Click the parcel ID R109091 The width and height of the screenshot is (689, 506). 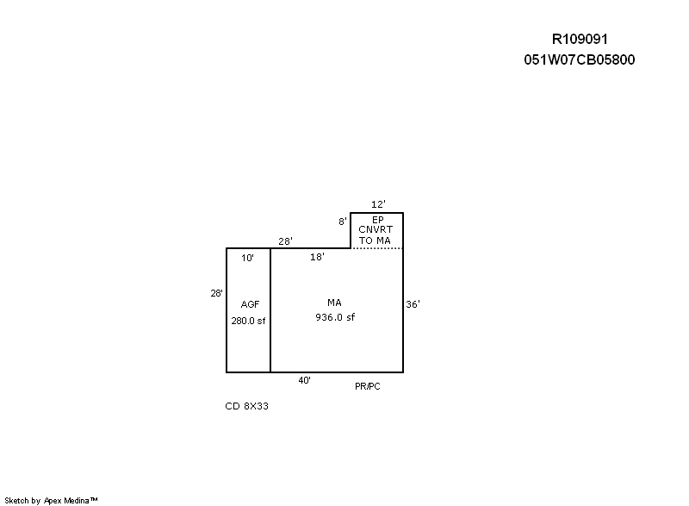coord(580,39)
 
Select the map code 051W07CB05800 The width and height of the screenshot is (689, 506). coord(579,59)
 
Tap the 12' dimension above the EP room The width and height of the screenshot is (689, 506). coord(378,204)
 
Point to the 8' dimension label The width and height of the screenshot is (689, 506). coord(342,222)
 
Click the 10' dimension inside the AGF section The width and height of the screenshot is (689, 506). coord(247,258)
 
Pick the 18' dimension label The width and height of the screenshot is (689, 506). coord(317,257)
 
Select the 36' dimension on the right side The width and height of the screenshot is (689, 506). coord(413,304)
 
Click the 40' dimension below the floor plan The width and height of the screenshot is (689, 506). coord(305,381)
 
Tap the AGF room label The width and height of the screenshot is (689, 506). coord(250,304)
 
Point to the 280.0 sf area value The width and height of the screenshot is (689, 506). coord(248,321)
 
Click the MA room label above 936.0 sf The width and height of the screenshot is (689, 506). coord(334,303)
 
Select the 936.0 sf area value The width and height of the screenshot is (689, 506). coord(335,317)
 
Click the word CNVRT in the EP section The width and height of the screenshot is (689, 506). coord(376,229)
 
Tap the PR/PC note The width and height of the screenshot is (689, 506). coord(368,386)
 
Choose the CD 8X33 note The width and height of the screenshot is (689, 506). coord(246,406)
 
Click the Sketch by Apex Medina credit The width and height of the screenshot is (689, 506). coord(51,500)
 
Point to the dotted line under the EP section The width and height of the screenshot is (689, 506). coord(377,248)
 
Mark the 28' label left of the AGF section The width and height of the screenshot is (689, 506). coord(217,293)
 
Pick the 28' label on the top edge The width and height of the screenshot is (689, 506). coord(285,241)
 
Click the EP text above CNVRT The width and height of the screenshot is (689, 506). coord(378,220)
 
